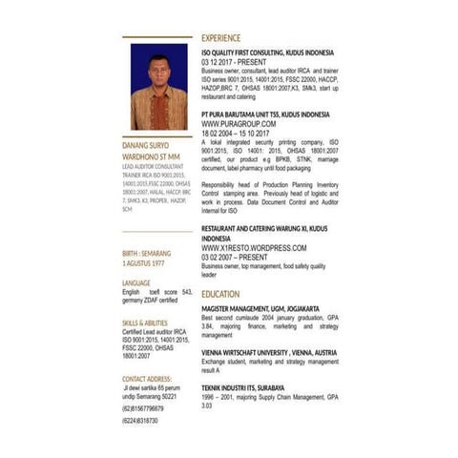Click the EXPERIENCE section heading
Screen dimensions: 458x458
click(221, 37)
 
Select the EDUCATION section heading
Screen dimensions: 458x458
click(220, 295)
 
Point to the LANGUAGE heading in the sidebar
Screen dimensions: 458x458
click(136, 283)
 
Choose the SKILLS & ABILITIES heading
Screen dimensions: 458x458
click(145, 323)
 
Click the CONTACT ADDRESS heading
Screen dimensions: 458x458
click(147, 378)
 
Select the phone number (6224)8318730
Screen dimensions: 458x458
click(140, 421)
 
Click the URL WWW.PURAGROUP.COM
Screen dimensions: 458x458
click(239, 124)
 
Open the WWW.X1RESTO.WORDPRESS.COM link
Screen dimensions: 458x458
click(254, 248)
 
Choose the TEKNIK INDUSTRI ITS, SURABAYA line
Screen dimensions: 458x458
click(242, 387)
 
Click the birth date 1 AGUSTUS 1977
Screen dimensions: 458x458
click(143, 261)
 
